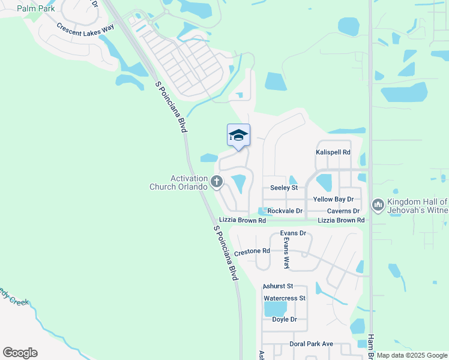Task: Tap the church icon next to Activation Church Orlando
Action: pos(217,181)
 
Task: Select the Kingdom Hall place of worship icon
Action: pos(378,205)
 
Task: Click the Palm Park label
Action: pos(36,8)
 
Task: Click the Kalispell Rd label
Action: pos(333,152)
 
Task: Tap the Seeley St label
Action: pos(284,188)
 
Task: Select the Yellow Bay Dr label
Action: pos(333,199)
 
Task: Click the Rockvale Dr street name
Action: pos(285,211)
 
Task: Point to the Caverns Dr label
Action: pos(343,211)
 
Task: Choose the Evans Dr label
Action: pos(293,233)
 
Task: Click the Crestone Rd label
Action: pos(252,252)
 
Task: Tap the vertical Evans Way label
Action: pos(286,253)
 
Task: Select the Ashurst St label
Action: pos(277,287)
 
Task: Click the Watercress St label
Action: pos(285,298)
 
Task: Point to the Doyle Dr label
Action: pos(285,320)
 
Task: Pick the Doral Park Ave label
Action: pos(310,344)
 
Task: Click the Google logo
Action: pos(20,353)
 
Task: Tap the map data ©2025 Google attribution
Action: pos(411,355)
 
